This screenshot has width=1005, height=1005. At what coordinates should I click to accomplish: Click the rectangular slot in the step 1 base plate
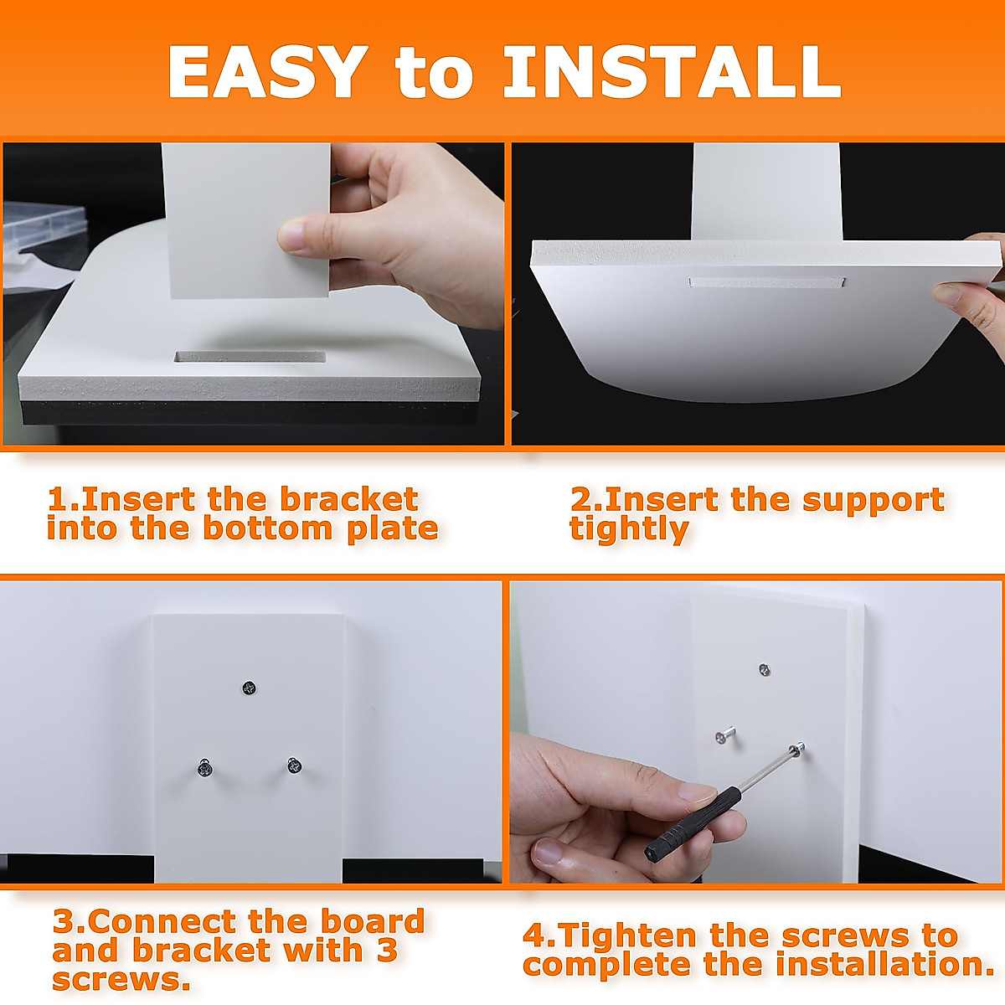250,358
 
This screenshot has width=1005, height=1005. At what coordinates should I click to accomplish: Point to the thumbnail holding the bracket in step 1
293,234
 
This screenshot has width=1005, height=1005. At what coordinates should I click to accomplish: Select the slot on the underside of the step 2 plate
766,282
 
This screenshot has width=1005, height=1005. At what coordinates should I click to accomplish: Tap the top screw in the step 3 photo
250,688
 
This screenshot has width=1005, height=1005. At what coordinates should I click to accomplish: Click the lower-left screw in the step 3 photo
204,768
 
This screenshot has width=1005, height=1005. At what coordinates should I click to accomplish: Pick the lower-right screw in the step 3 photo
295,766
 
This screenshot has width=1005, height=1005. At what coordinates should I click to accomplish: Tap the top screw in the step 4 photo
765,670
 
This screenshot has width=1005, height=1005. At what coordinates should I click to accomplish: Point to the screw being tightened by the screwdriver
797,749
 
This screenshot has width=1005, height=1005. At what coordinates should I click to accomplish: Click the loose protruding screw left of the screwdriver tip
725,735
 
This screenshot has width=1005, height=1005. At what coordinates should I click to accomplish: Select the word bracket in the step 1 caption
349,500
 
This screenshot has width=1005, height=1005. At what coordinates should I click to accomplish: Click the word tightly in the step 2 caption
630,529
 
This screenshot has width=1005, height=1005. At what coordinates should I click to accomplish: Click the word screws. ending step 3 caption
121,980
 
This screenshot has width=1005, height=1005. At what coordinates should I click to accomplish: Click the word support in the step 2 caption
874,502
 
